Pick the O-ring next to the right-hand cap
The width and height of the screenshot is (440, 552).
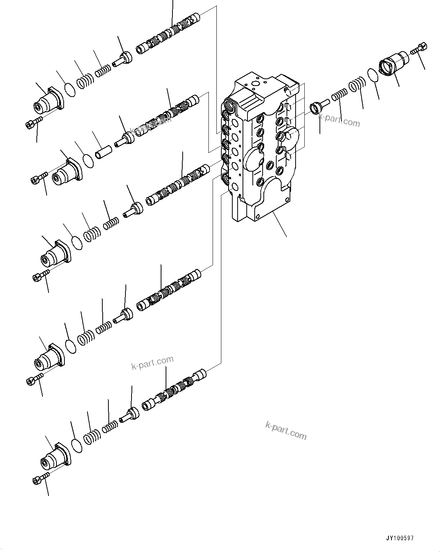pyautogui.click(x=373, y=74)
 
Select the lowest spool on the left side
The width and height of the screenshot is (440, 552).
pyautogui.click(x=174, y=390)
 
